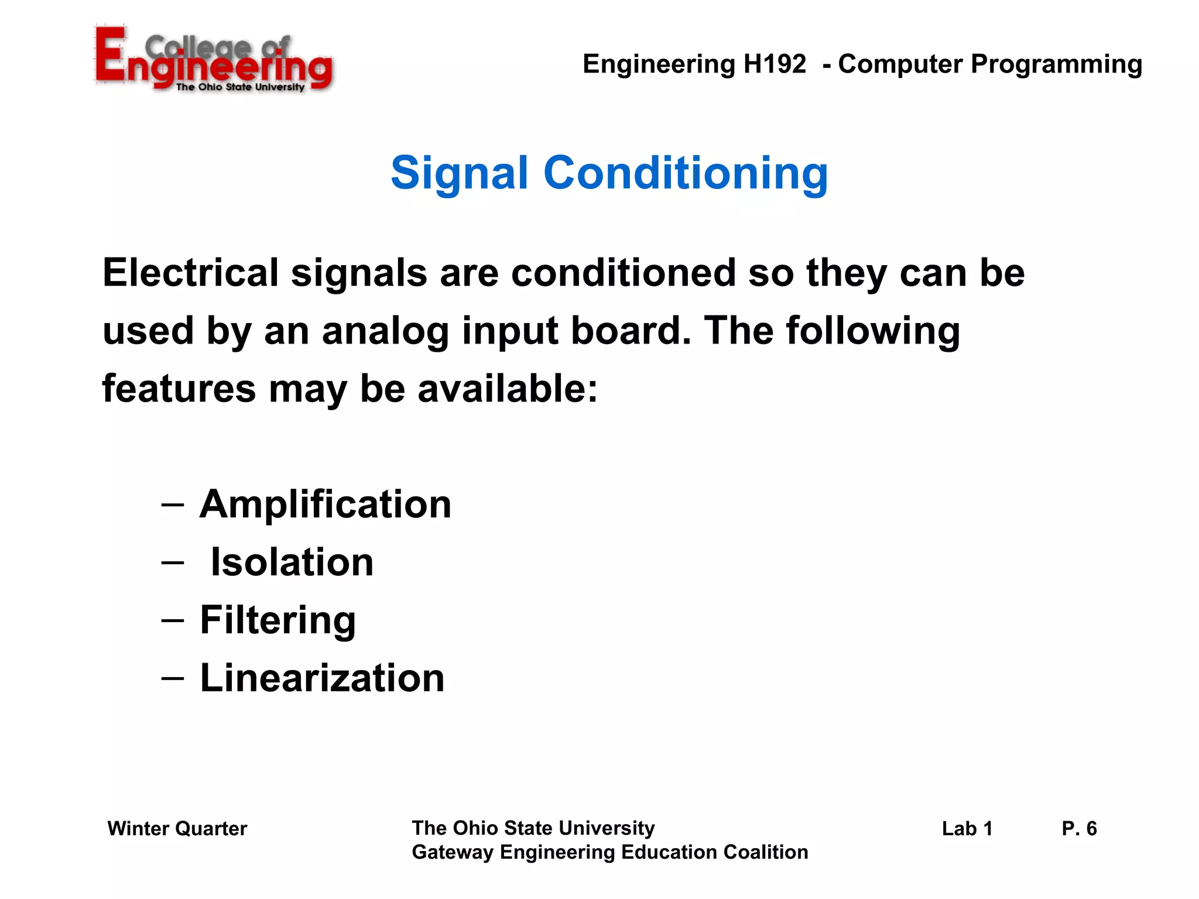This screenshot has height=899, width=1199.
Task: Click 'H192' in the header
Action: pyautogui.click(x=775, y=64)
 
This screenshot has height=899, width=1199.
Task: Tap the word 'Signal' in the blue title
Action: pyautogui.click(x=459, y=174)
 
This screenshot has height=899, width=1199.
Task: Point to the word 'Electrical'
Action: pyautogui.click(x=191, y=273)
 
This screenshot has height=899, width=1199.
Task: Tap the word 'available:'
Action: pyautogui.click(x=508, y=389)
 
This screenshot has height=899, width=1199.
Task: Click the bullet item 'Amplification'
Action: pyautogui.click(x=325, y=504)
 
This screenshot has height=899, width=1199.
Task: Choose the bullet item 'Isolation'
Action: pyautogui.click(x=292, y=562)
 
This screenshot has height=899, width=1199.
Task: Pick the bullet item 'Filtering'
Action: pyautogui.click(x=278, y=620)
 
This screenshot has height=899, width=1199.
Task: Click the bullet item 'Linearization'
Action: pyautogui.click(x=322, y=678)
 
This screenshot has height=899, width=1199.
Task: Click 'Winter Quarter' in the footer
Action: pyautogui.click(x=177, y=829)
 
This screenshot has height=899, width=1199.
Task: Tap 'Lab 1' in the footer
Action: pyautogui.click(x=967, y=829)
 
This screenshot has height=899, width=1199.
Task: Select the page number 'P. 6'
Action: pyautogui.click(x=1078, y=829)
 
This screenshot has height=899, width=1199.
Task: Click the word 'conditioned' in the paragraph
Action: pyautogui.click(x=623, y=273)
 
